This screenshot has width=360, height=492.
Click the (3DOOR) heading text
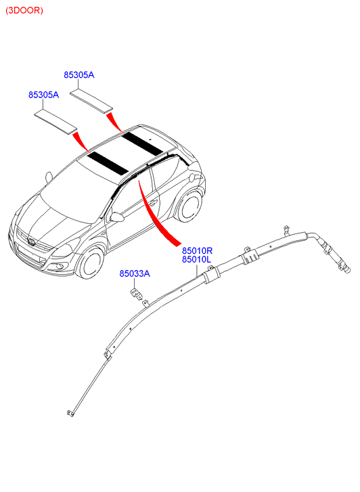tap(24, 10)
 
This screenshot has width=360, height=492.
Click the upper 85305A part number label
tap(78, 75)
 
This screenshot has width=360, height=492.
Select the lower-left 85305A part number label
tap(43, 95)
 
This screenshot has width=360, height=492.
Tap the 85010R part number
tap(197, 250)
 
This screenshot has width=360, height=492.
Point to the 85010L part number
tap(196, 259)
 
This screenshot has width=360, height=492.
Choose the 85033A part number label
tap(135, 273)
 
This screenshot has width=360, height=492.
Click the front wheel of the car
tap(91, 263)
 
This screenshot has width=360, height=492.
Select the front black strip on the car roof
tap(108, 163)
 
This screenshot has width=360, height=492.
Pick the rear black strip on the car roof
tap(142, 143)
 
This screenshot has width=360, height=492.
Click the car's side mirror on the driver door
tap(116, 217)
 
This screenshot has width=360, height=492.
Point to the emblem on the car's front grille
tap(31, 242)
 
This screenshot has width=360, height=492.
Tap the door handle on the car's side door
tap(152, 203)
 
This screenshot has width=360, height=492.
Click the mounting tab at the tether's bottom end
tap(70, 413)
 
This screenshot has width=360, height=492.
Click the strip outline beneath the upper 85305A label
tap(91, 100)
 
